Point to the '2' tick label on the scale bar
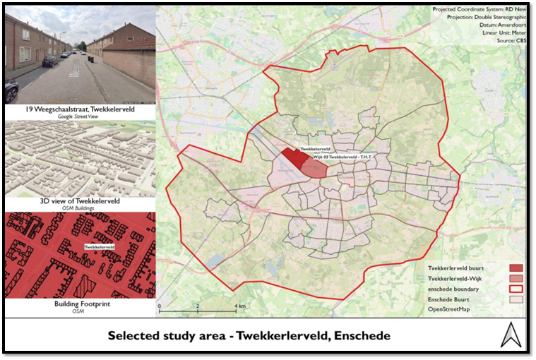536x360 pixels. [198, 306]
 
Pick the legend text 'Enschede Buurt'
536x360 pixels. [452, 300]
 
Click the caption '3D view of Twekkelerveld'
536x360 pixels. [80, 200]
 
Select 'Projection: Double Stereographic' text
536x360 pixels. [487, 17]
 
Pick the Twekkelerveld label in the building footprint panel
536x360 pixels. [100, 247]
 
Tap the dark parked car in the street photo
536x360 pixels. [49, 61]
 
